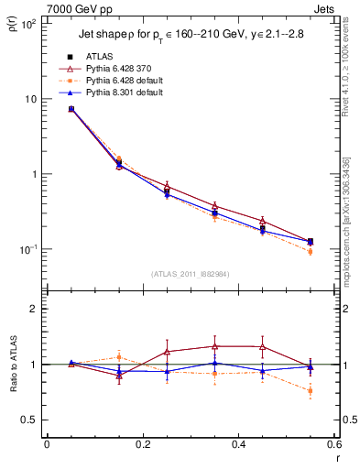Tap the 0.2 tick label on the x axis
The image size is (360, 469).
[x=142, y=445]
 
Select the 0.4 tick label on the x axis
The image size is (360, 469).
[x=238, y=445]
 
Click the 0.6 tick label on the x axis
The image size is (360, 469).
[x=333, y=445]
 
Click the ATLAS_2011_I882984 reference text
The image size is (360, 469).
[x=191, y=274]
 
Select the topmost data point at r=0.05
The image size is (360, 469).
[x=71, y=109]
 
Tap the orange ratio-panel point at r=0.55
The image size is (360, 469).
[x=311, y=391]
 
